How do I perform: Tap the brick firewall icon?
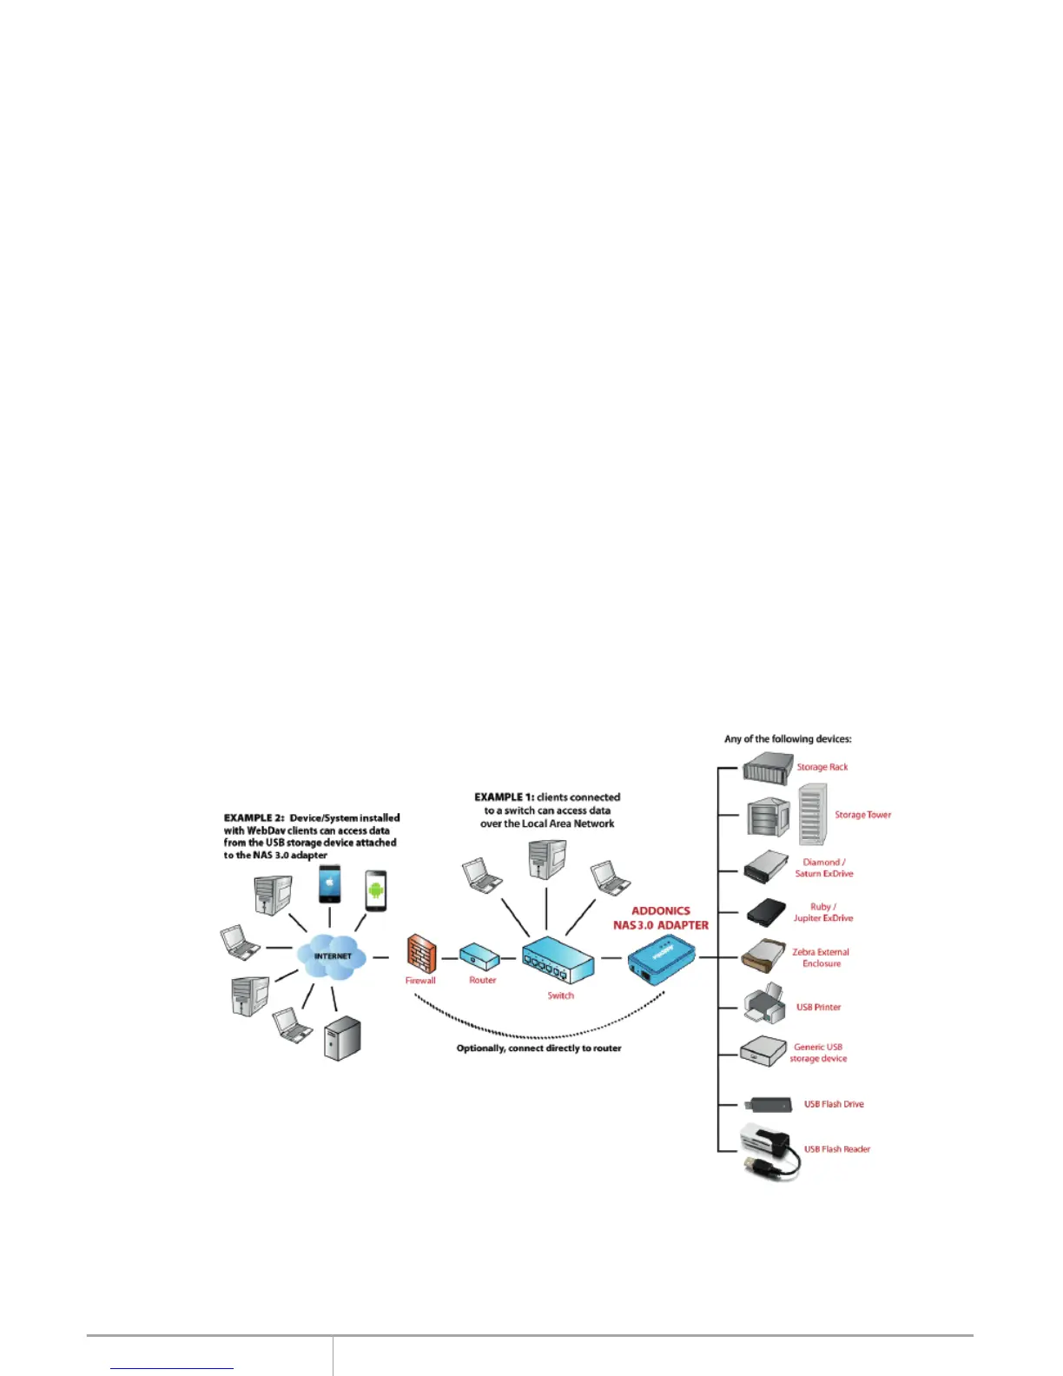pyautogui.click(x=421, y=954)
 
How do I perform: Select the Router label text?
pyautogui.click(x=482, y=980)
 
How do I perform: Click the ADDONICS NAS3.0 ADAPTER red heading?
pyautogui.click(x=661, y=918)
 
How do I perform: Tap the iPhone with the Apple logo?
pyautogui.click(x=329, y=884)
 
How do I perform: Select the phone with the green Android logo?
pyautogui.click(x=376, y=890)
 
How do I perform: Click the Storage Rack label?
pyautogui.click(x=822, y=767)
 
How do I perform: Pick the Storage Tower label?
pyautogui.click(x=862, y=815)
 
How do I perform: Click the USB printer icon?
pyautogui.click(x=764, y=1005)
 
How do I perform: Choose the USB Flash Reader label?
pyautogui.click(x=836, y=1149)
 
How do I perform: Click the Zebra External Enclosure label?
pyautogui.click(x=821, y=957)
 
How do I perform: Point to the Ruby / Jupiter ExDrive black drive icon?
pyautogui.click(x=766, y=912)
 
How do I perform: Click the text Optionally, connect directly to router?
pyautogui.click(x=538, y=1049)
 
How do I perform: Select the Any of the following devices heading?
pyautogui.click(x=788, y=739)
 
